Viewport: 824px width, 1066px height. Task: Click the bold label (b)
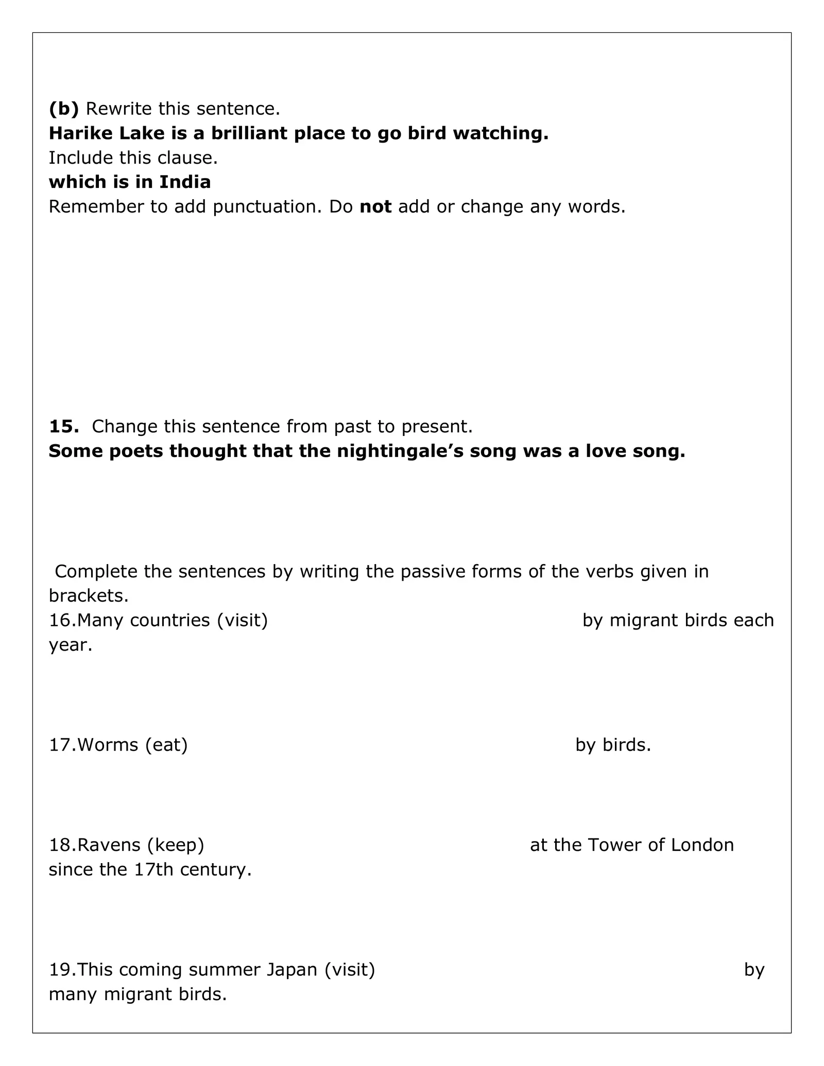[x=64, y=109]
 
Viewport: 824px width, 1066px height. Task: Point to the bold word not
[x=375, y=207]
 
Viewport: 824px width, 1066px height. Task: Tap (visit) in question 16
[x=242, y=621]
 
